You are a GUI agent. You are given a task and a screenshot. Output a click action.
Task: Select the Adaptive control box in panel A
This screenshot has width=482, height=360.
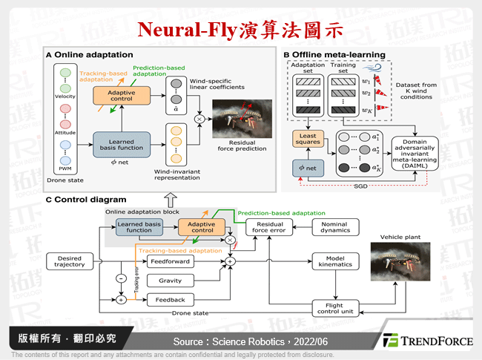[x=119, y=95]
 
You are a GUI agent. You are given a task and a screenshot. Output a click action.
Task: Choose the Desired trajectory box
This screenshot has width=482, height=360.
[x=70, y=262]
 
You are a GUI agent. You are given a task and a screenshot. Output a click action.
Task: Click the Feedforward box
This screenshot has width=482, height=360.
[x=170, y=261]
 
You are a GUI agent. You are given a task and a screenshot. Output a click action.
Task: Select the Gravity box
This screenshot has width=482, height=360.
[x=170, y=281]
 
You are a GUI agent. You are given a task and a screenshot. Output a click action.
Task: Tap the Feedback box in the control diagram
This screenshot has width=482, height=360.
[x=170, y=299]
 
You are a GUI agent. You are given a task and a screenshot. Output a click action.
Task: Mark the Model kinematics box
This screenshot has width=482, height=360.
[x=336, y=261]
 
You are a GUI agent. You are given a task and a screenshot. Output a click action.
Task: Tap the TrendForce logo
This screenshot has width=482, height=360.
[x=426, y=341]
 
